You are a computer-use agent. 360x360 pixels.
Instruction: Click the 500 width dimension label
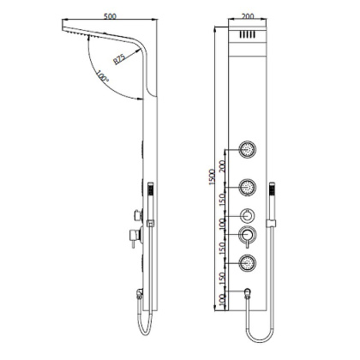(109, 15)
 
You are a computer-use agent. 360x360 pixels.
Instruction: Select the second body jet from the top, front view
(247, 187)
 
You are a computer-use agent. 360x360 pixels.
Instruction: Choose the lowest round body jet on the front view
(247, 263)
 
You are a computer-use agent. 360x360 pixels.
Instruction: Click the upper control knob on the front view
(247, 216)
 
